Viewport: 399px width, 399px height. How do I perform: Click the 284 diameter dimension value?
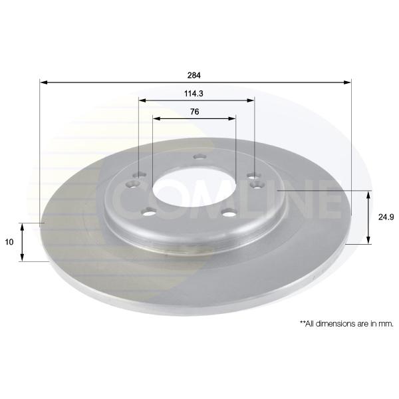(194, 75)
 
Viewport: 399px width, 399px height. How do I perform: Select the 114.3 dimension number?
(194, 94)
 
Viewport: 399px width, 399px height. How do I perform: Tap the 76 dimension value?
(194, 112)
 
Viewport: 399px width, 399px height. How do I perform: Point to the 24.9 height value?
(386, 217)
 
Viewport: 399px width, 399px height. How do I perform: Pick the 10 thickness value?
(9, 242)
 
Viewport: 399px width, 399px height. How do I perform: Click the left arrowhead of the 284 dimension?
(44, 82)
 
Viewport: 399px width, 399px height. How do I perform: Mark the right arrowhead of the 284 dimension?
(347, 82)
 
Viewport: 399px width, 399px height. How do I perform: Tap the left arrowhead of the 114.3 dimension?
(142, 100)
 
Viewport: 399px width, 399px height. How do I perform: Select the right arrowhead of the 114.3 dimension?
(251, 100)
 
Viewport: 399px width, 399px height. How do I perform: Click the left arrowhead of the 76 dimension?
(156, 118)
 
